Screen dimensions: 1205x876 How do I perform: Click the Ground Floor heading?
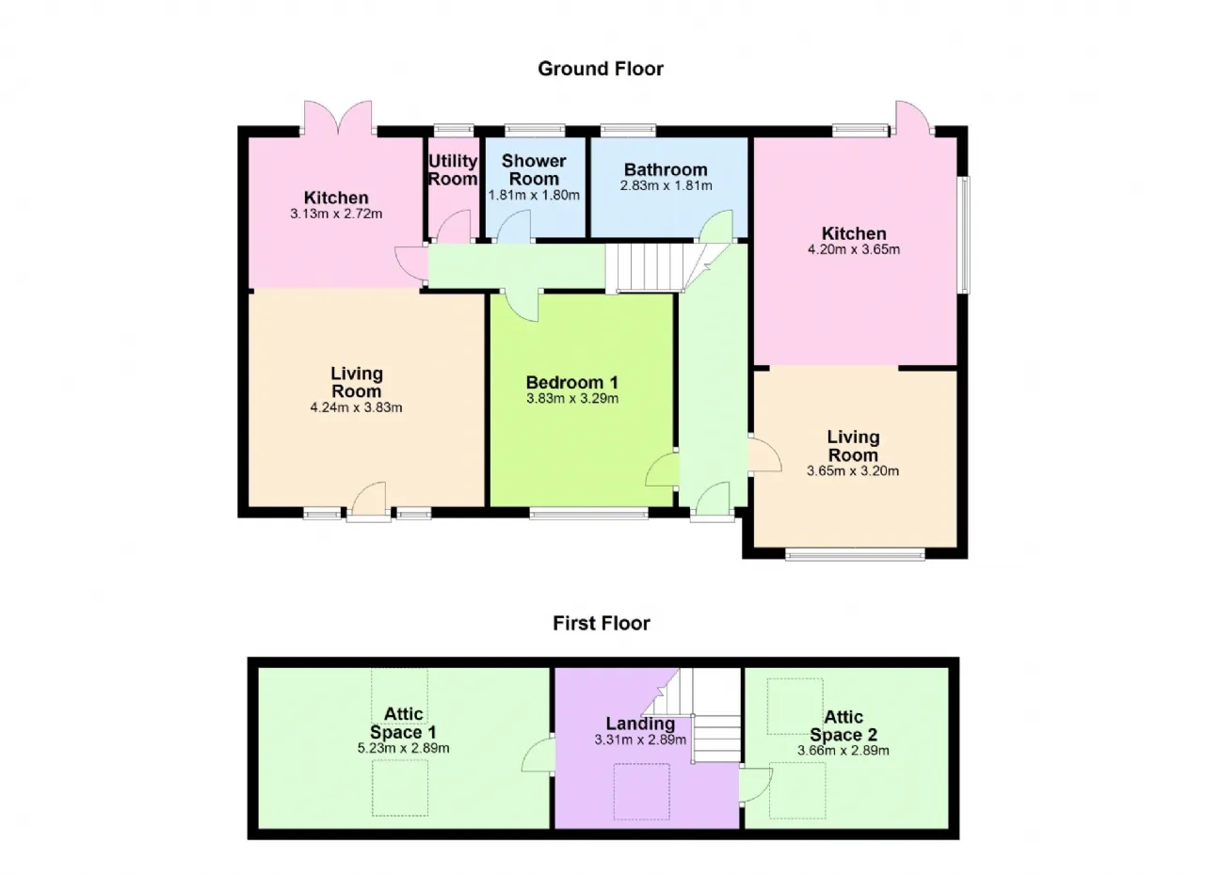point(601,69)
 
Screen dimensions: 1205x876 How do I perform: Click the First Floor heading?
point(602,623)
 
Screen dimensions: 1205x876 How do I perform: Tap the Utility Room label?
point(453,170)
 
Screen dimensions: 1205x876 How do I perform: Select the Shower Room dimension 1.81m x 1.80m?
point(534,195)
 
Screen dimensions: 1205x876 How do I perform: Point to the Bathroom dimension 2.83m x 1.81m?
point(666,186)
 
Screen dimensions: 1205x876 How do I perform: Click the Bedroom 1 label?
point(571,382)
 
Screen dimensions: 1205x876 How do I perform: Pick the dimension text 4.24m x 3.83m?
point(356,407)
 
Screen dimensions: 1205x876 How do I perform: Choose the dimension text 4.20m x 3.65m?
point(854,249)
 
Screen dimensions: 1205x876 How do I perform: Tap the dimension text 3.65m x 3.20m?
point(853,471)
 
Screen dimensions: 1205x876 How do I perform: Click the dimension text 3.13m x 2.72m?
point(336,214)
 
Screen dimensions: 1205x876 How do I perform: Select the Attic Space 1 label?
point(403,724)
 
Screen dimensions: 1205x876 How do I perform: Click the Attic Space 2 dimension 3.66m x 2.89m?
point(843,751)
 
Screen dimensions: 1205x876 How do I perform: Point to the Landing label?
point(640,724)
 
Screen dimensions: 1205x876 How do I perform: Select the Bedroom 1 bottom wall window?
point(589,515)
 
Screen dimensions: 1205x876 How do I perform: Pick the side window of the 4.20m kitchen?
point(966,235)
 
